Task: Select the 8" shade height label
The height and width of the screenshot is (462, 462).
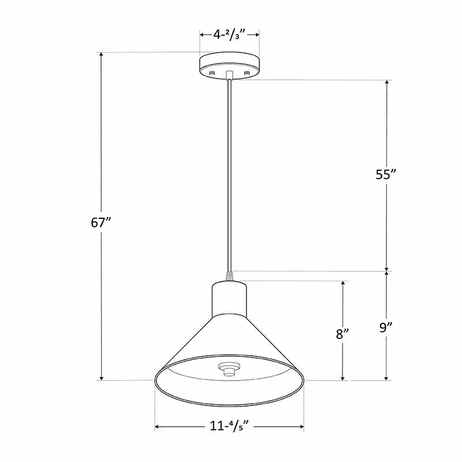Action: tap(343, 334)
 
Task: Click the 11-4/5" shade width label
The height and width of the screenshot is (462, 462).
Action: tap(229, 427)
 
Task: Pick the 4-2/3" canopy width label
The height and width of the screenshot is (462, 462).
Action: tap(229, 35)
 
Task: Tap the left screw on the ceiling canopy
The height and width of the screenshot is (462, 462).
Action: tap(212, 72)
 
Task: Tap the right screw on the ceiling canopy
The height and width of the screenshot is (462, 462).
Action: tap(247, 72)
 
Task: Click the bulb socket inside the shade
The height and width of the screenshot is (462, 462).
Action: tap(229, 368)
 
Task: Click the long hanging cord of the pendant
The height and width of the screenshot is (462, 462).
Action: tap(230, 173)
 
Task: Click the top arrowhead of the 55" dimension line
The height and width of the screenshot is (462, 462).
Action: tap(387, 83)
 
